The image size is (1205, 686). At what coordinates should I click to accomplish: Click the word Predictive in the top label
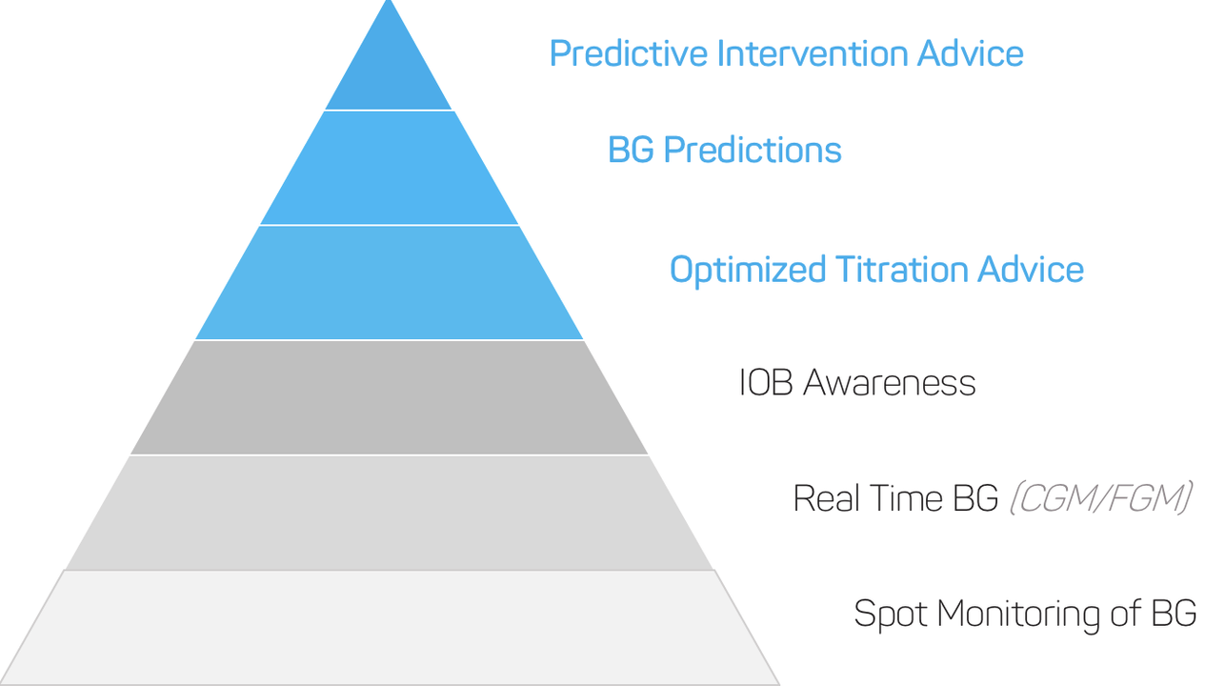628,53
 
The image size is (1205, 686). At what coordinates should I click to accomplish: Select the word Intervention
813,53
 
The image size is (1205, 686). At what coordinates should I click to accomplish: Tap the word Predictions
753,150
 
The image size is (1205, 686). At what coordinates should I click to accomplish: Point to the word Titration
901,269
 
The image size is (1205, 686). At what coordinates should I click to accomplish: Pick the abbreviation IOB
766,383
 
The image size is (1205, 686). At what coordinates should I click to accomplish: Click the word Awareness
890,383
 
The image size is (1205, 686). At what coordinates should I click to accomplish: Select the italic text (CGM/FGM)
1100,498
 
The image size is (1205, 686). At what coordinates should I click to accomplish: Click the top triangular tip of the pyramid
389,1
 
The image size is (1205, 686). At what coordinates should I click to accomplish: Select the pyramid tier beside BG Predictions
389,168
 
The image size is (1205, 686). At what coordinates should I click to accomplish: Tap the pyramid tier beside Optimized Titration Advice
389,282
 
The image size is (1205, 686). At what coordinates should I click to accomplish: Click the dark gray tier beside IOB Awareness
389,397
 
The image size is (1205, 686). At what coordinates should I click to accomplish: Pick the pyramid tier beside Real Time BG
389,513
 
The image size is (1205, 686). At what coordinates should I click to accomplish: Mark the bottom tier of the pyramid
389,628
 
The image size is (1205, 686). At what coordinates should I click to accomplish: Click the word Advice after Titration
1031,269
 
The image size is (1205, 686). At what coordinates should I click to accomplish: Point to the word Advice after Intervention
970,53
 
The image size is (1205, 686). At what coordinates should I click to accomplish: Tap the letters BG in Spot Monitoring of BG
1174,614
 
